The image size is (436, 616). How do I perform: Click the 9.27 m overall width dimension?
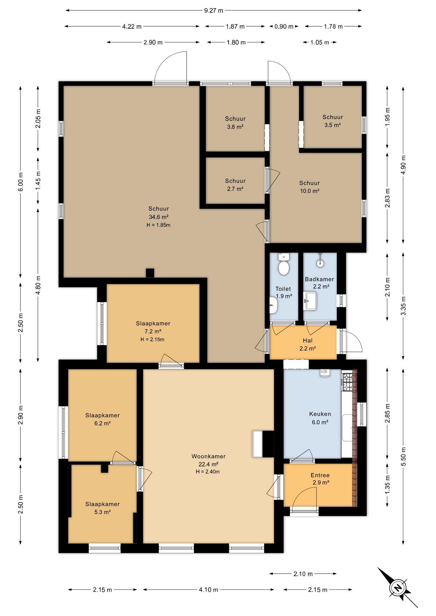coord(214,10)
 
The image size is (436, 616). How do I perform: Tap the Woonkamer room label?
coord(208,456)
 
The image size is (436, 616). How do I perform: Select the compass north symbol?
coord(398,588)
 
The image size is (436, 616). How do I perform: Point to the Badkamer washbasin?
coord(310,301)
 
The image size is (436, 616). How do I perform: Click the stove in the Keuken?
coord(347,382)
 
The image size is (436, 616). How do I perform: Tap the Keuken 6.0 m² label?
coord(320,418)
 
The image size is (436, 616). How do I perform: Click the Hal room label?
coord(308,341)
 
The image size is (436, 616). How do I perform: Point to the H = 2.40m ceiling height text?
coord(208,472)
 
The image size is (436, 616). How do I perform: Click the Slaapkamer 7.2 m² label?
coord(153,327)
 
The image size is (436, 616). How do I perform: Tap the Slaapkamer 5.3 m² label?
coord(102,508)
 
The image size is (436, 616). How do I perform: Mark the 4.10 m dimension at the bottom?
coord(208,590)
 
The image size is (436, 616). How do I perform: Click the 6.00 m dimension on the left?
coord(21,182)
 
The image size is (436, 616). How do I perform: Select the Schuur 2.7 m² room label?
coord(235,185)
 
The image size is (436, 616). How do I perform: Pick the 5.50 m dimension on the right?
coord(403,456)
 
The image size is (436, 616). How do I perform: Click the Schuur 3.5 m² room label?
coord(333,121)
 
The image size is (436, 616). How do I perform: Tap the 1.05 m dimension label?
coord(320,42)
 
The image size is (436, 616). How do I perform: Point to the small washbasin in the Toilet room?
coord(273,305)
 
